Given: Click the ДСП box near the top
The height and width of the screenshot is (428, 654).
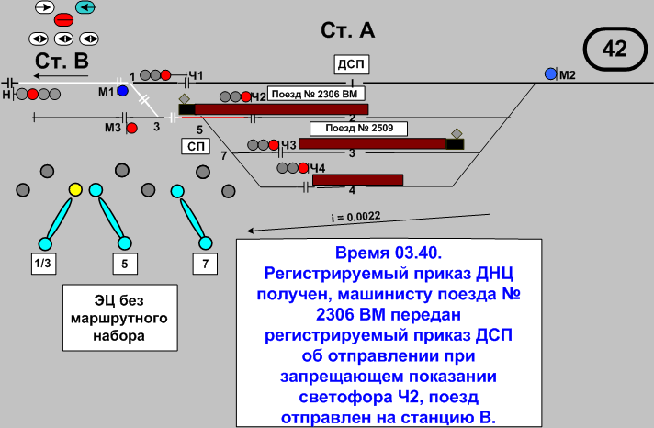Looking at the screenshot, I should (x=350, y=63).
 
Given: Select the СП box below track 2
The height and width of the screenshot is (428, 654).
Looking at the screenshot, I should (x=194, y=147).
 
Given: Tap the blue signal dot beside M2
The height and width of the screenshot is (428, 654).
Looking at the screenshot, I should (x=550, y=73).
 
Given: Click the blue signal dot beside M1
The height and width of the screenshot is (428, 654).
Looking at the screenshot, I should (x=121, y=92).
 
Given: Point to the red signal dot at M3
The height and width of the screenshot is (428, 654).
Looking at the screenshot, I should (x=131, y=128).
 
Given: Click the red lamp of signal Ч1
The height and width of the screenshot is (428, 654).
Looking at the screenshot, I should (x=166, y=74).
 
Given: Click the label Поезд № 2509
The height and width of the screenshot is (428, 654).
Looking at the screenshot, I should (x=353, y=129).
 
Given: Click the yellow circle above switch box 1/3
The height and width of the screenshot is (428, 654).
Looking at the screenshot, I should (x=76, y=189).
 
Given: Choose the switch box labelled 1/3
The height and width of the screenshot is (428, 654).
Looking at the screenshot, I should (x=43, y=265).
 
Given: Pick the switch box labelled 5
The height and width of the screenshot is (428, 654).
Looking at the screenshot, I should (x=125, y=265).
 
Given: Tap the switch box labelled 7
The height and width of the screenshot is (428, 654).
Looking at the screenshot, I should (x=205, y=265).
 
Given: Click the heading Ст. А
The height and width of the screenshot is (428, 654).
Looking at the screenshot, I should (x=347, y=30).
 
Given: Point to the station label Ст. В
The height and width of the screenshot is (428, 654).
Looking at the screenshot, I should (x=62, y=61).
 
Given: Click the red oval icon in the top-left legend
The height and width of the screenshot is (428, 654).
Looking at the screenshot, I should (x=64, y=19).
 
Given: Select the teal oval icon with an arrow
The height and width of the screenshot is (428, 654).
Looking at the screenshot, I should (x=86, y=7).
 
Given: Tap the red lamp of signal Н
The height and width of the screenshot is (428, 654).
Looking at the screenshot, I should (x=33, y=94).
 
